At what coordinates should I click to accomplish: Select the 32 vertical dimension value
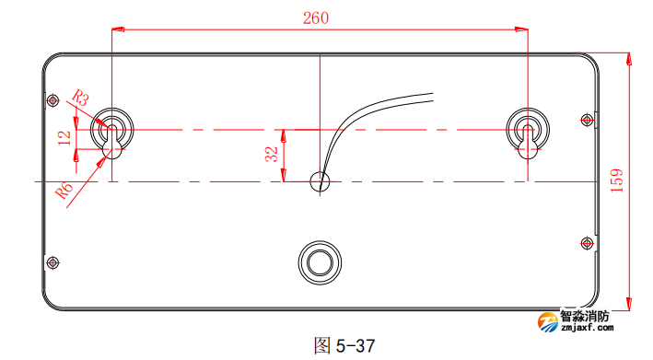point(271,153)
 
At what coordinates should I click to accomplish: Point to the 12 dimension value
point(64,138)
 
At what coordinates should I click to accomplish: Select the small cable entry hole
point(320,181)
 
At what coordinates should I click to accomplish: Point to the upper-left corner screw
point(52,99)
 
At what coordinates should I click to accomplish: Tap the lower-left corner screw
point(52,261)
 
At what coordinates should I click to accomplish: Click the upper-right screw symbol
point(588,118)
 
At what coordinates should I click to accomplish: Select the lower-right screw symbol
point(588,242)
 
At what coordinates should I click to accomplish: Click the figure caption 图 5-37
point(344,346)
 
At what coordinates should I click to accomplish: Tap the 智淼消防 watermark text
point(586,316)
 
